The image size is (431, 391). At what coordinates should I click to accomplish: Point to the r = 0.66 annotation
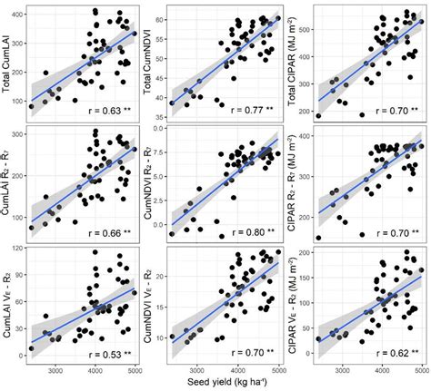pos(108,232)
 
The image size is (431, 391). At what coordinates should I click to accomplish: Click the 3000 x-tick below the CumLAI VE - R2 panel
pos(55,369)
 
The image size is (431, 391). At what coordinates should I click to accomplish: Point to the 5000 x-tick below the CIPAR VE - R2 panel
pos(421,369)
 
